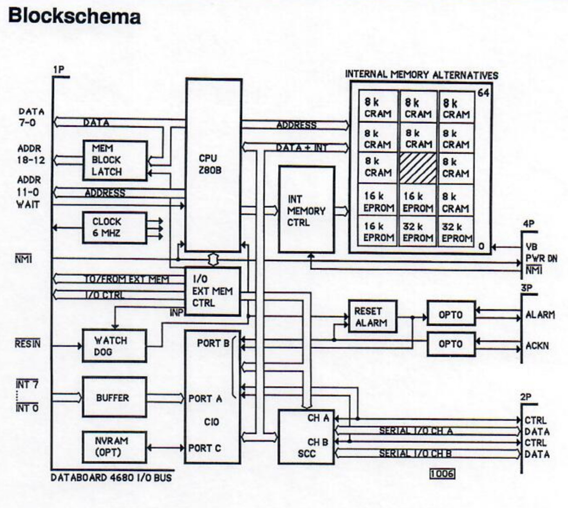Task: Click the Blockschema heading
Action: [x=74, y=17]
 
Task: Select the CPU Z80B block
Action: [x=213, y=165]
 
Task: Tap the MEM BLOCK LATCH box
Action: [x=115, y=160]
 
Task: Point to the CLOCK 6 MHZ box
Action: [x=114, y=228]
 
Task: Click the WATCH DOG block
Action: [x=114, y=346]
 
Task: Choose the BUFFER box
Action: [x=114, y=397]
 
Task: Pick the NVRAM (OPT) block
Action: [x=114, y=447]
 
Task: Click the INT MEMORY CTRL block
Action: [x=306, y=210]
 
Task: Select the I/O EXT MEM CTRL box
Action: [x=213, y=291]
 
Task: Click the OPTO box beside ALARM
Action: [x=451, y=314]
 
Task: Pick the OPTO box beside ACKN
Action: [x=451, y=344]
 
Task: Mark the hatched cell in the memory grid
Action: [x=418, y=167]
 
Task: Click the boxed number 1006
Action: [x=442, y=474]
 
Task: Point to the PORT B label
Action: [x=213, y=343]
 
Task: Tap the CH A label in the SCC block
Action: [x=318, y=418]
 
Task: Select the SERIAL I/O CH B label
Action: [x=415, y=453]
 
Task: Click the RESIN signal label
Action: [x=28, y=344]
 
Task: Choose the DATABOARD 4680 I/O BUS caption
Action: [x=111, y=478]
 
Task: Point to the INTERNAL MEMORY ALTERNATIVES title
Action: [x=421, y=75]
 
